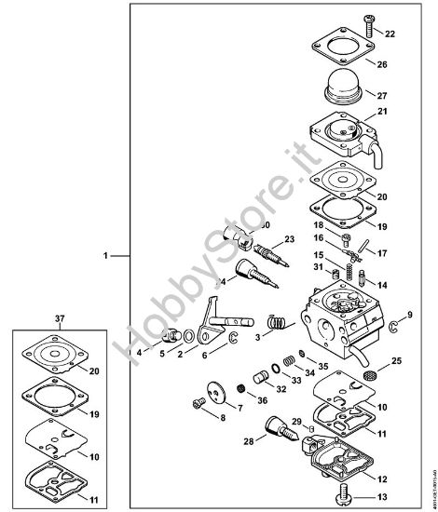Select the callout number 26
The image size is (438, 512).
click(x=381, y=64)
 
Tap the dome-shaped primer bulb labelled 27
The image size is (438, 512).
click(x=344, y=95)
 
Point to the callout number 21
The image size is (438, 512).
click(x=381, y=112)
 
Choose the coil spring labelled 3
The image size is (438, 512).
click(x=275, y=322)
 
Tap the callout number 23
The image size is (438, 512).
click(x=290, y=239)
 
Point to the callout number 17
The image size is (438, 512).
click(x=381, y=252)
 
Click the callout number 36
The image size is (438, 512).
click(x=262, y=400)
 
